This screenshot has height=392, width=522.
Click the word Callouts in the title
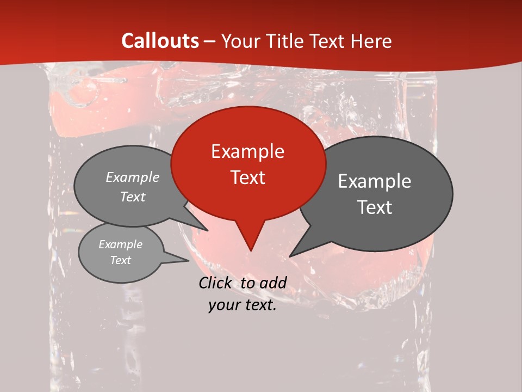pyautogui.click(x=160, y=41)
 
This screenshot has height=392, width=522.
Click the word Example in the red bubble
pyautogui.click(x=247, y=151)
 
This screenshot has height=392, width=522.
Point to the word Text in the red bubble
pyautogui.click(x=247, y=177)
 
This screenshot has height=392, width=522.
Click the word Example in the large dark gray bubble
pyautogui.click(x=374, y=181)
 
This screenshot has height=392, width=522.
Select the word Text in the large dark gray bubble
pyautogui.click(x=374, y=207)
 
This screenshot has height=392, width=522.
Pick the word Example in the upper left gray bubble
pyautogui.click(x=133, y=177)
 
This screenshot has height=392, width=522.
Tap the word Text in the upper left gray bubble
pyautogui.click(x=133, y=197)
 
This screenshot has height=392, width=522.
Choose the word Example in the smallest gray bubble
pyautogui.click(x=120, y=244)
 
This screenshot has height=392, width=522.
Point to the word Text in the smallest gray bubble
pyautogui.click(x=120, y=260)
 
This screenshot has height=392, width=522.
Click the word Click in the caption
pyautogui.click(x=215, y=283)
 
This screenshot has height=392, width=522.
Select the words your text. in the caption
pyautogui.click(x=243, y=305)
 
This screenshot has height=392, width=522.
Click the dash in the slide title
pyautogui.click(x=210, y=41)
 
